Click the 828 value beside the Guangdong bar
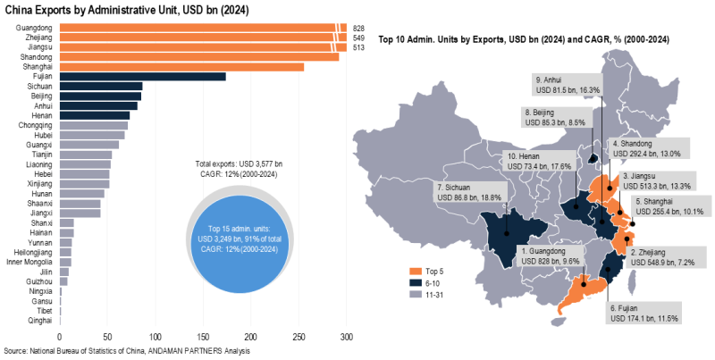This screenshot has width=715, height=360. (x=359, y=29)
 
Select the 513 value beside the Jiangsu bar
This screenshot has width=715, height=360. (x=359, y=47)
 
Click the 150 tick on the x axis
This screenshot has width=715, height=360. (x=204, y=337)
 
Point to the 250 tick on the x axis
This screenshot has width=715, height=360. (x=299, y=337)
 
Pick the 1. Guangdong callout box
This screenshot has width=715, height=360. (x=556, y=257)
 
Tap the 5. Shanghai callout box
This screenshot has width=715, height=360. (x=669, y=206)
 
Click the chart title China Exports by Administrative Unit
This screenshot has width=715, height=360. (x=126, y=9)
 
